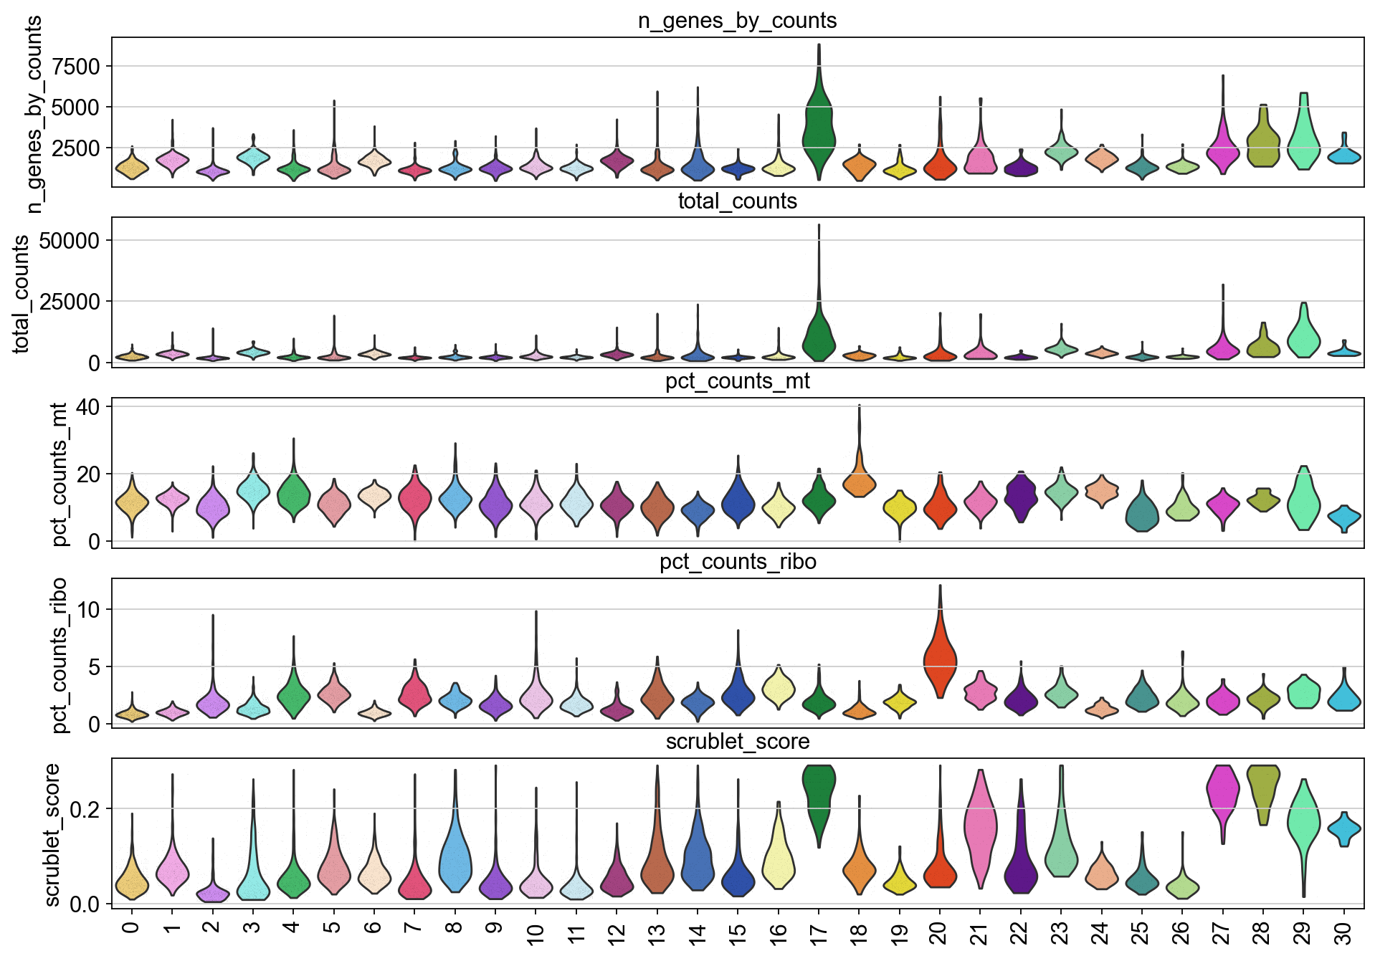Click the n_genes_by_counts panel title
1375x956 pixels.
pyautogui.click(x=737, y=21)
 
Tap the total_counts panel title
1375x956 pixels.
pyautogui.click(x=737, y=201)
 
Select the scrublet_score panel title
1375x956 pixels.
pyautogui.click(x=737, y=742)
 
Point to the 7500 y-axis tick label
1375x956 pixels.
pyautogui.click(x=72, y=67)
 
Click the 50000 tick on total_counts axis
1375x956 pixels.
pyautogui.click(x=69, y=241)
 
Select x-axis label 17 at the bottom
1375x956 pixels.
pyautogui.click(x=819, y=933)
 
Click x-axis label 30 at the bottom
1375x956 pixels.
pyautogui.click(x=1344, y=933)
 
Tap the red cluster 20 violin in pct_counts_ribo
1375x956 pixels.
pyautogui.click(x=940, y=659)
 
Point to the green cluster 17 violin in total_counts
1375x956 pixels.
pyautogui.click(x=819, y=333)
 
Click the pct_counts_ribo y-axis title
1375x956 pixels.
pyautogui.click(x=60, y=655)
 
